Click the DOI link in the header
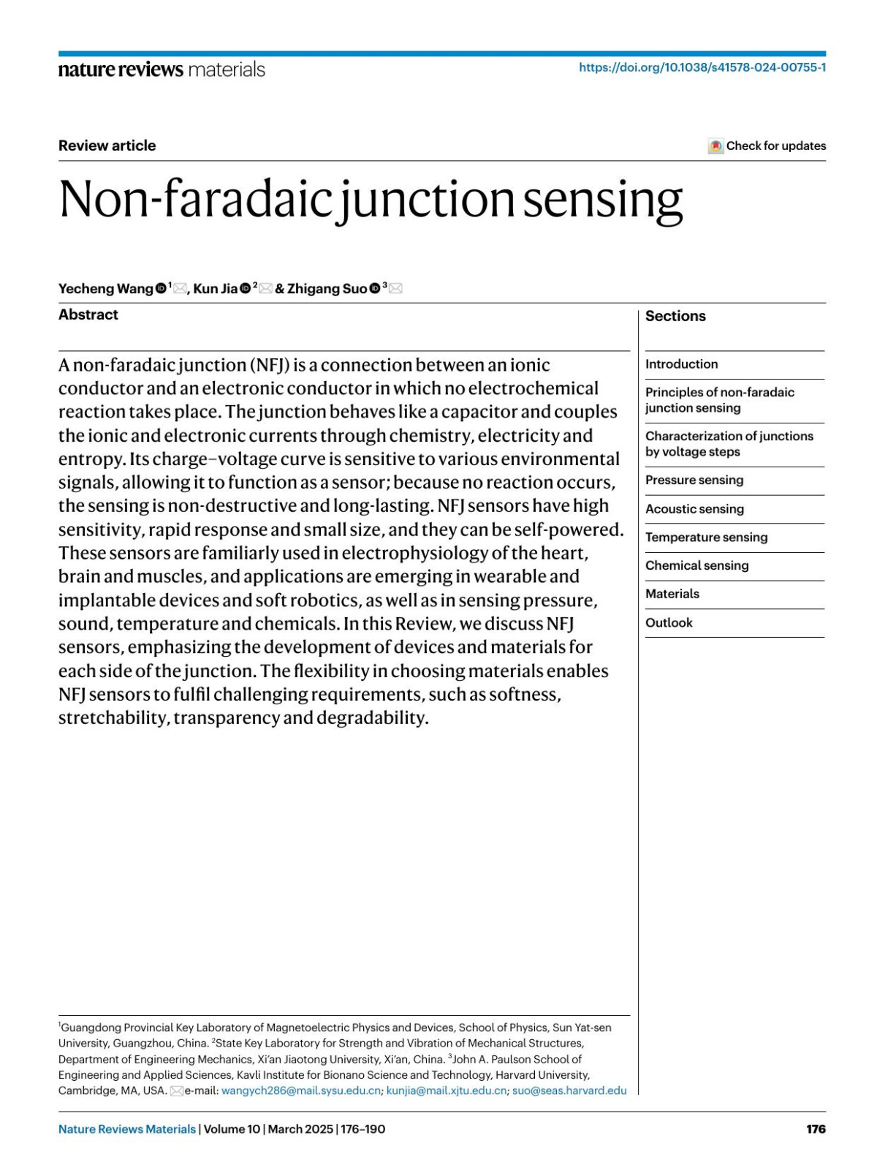pos(702,68)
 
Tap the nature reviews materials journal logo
pos(162,69)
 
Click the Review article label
pos(107,146)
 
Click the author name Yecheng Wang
pos(106,289)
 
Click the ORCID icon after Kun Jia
pos(246,289)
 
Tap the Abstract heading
pos(88,314)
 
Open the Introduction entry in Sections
pos(681,364)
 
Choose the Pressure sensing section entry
pos(694,480)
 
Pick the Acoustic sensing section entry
pos(694,509)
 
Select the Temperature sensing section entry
pos(706,538)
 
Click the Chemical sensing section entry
pos(696,566)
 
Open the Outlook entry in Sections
pos(669,623)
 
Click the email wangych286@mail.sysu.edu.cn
pos(300,1090)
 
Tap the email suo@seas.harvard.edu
pos(569,1090)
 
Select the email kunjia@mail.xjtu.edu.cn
pos(446,1090)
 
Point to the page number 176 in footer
pos(816,1129)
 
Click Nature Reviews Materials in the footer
pos(127,1129)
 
